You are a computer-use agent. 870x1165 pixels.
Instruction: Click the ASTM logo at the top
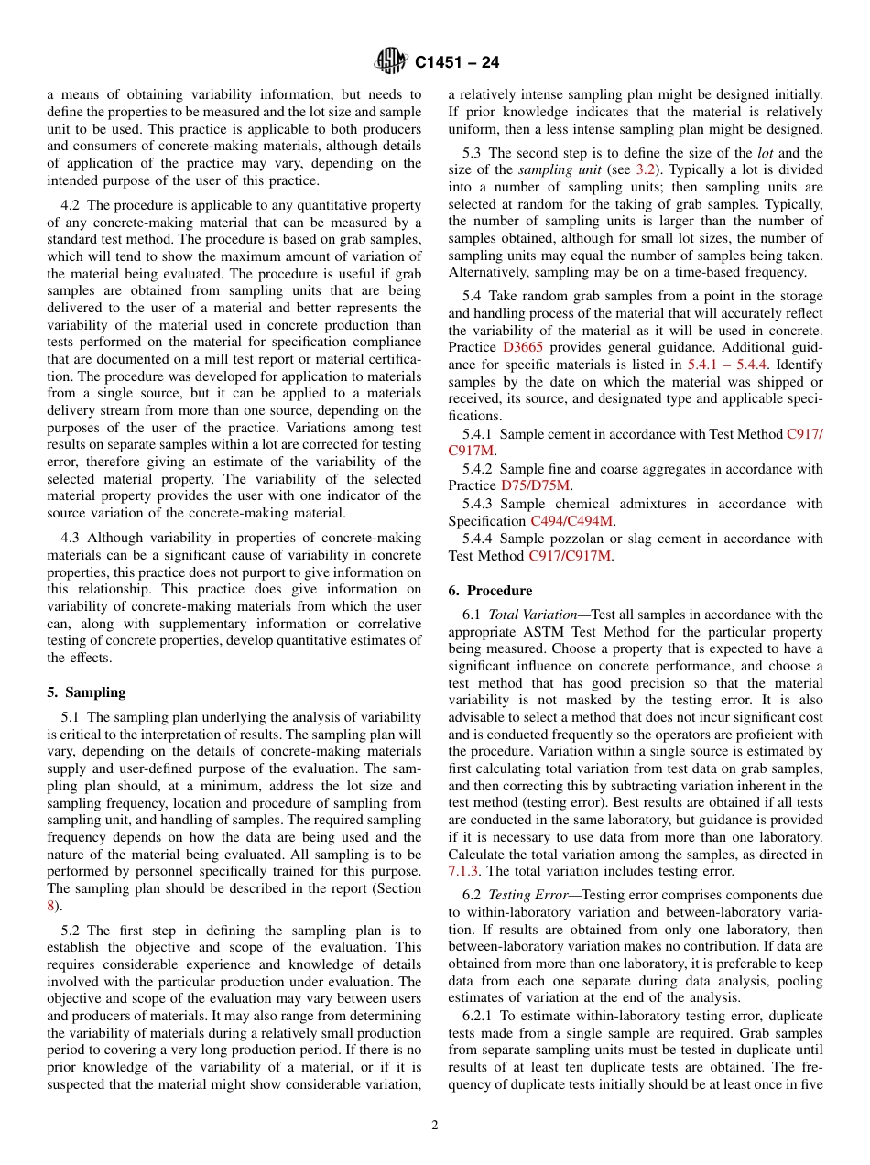point(391,62)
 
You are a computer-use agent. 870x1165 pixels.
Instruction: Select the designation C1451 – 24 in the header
point(457,63)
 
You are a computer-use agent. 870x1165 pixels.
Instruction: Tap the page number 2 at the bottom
point(435,1126)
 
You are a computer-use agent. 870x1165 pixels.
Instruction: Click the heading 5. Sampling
point(86,692)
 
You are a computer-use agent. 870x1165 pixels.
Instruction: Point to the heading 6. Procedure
point(490,591)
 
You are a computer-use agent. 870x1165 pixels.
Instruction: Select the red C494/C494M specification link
point(572,520)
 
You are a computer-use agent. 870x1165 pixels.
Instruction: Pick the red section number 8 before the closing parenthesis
point(50,906)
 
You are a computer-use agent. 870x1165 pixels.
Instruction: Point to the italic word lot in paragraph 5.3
point(763,153)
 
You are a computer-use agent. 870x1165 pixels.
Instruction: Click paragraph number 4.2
point(72,206)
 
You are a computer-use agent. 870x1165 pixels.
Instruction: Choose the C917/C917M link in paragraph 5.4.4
point(571,555)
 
